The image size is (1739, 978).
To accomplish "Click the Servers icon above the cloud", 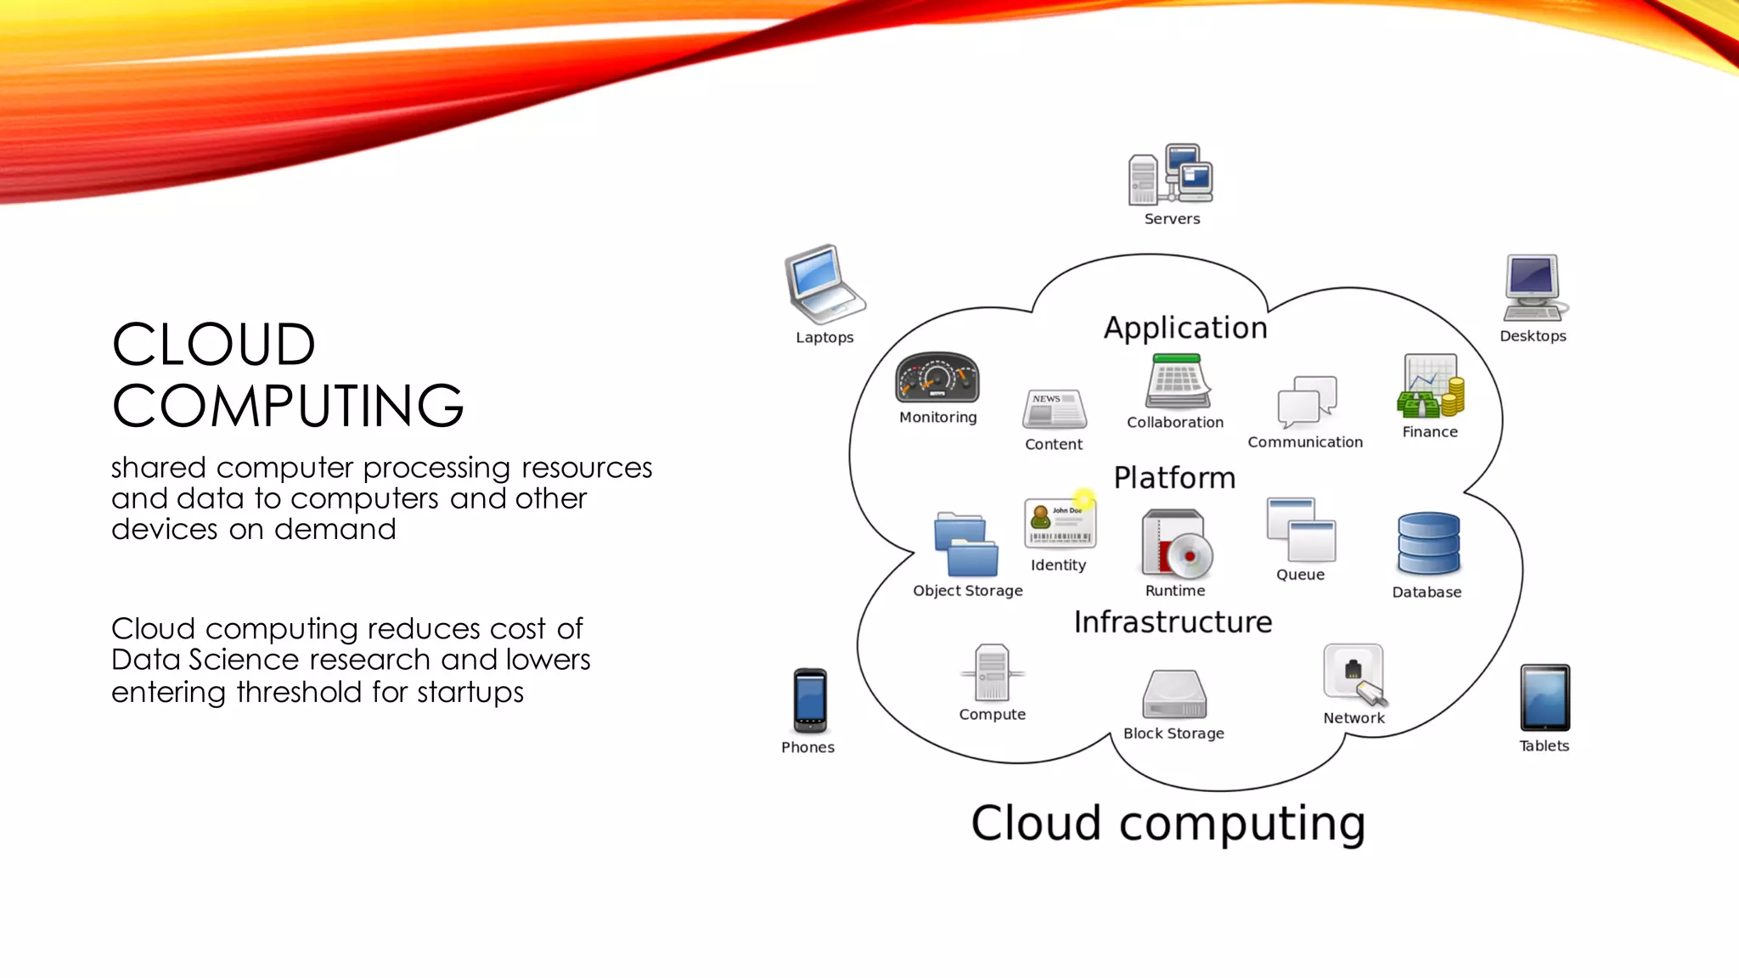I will [x=1170, y=174].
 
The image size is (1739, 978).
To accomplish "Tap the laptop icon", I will [x=822, y=284].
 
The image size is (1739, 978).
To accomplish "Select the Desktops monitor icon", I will [x=1534, y=288].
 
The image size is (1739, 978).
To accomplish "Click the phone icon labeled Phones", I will [x=809, y=701].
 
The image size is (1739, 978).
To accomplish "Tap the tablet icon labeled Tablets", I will [x=1545, y=698].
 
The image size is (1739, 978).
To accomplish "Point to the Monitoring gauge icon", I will [x=937, y=379].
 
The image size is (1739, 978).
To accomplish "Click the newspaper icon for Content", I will [x=1054, y=409].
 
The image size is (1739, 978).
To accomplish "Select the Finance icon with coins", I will [x=1431, y=387].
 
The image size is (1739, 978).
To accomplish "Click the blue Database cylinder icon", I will [x=1428, y=544].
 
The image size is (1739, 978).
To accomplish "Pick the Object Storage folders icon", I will [x=965, y=545].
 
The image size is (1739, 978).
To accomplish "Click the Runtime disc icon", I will [x=1177, y=544].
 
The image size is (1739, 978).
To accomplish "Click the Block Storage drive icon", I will [x=1174, y=694].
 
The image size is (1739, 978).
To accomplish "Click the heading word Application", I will [x=1185, y=328].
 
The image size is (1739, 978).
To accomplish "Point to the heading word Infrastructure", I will [x=1173, y=622].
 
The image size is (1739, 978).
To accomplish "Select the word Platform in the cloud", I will [x=1174, y=478].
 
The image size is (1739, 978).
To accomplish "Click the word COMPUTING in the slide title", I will [x=288, y=406].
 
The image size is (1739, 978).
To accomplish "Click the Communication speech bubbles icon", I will [x=1306, y=402].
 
